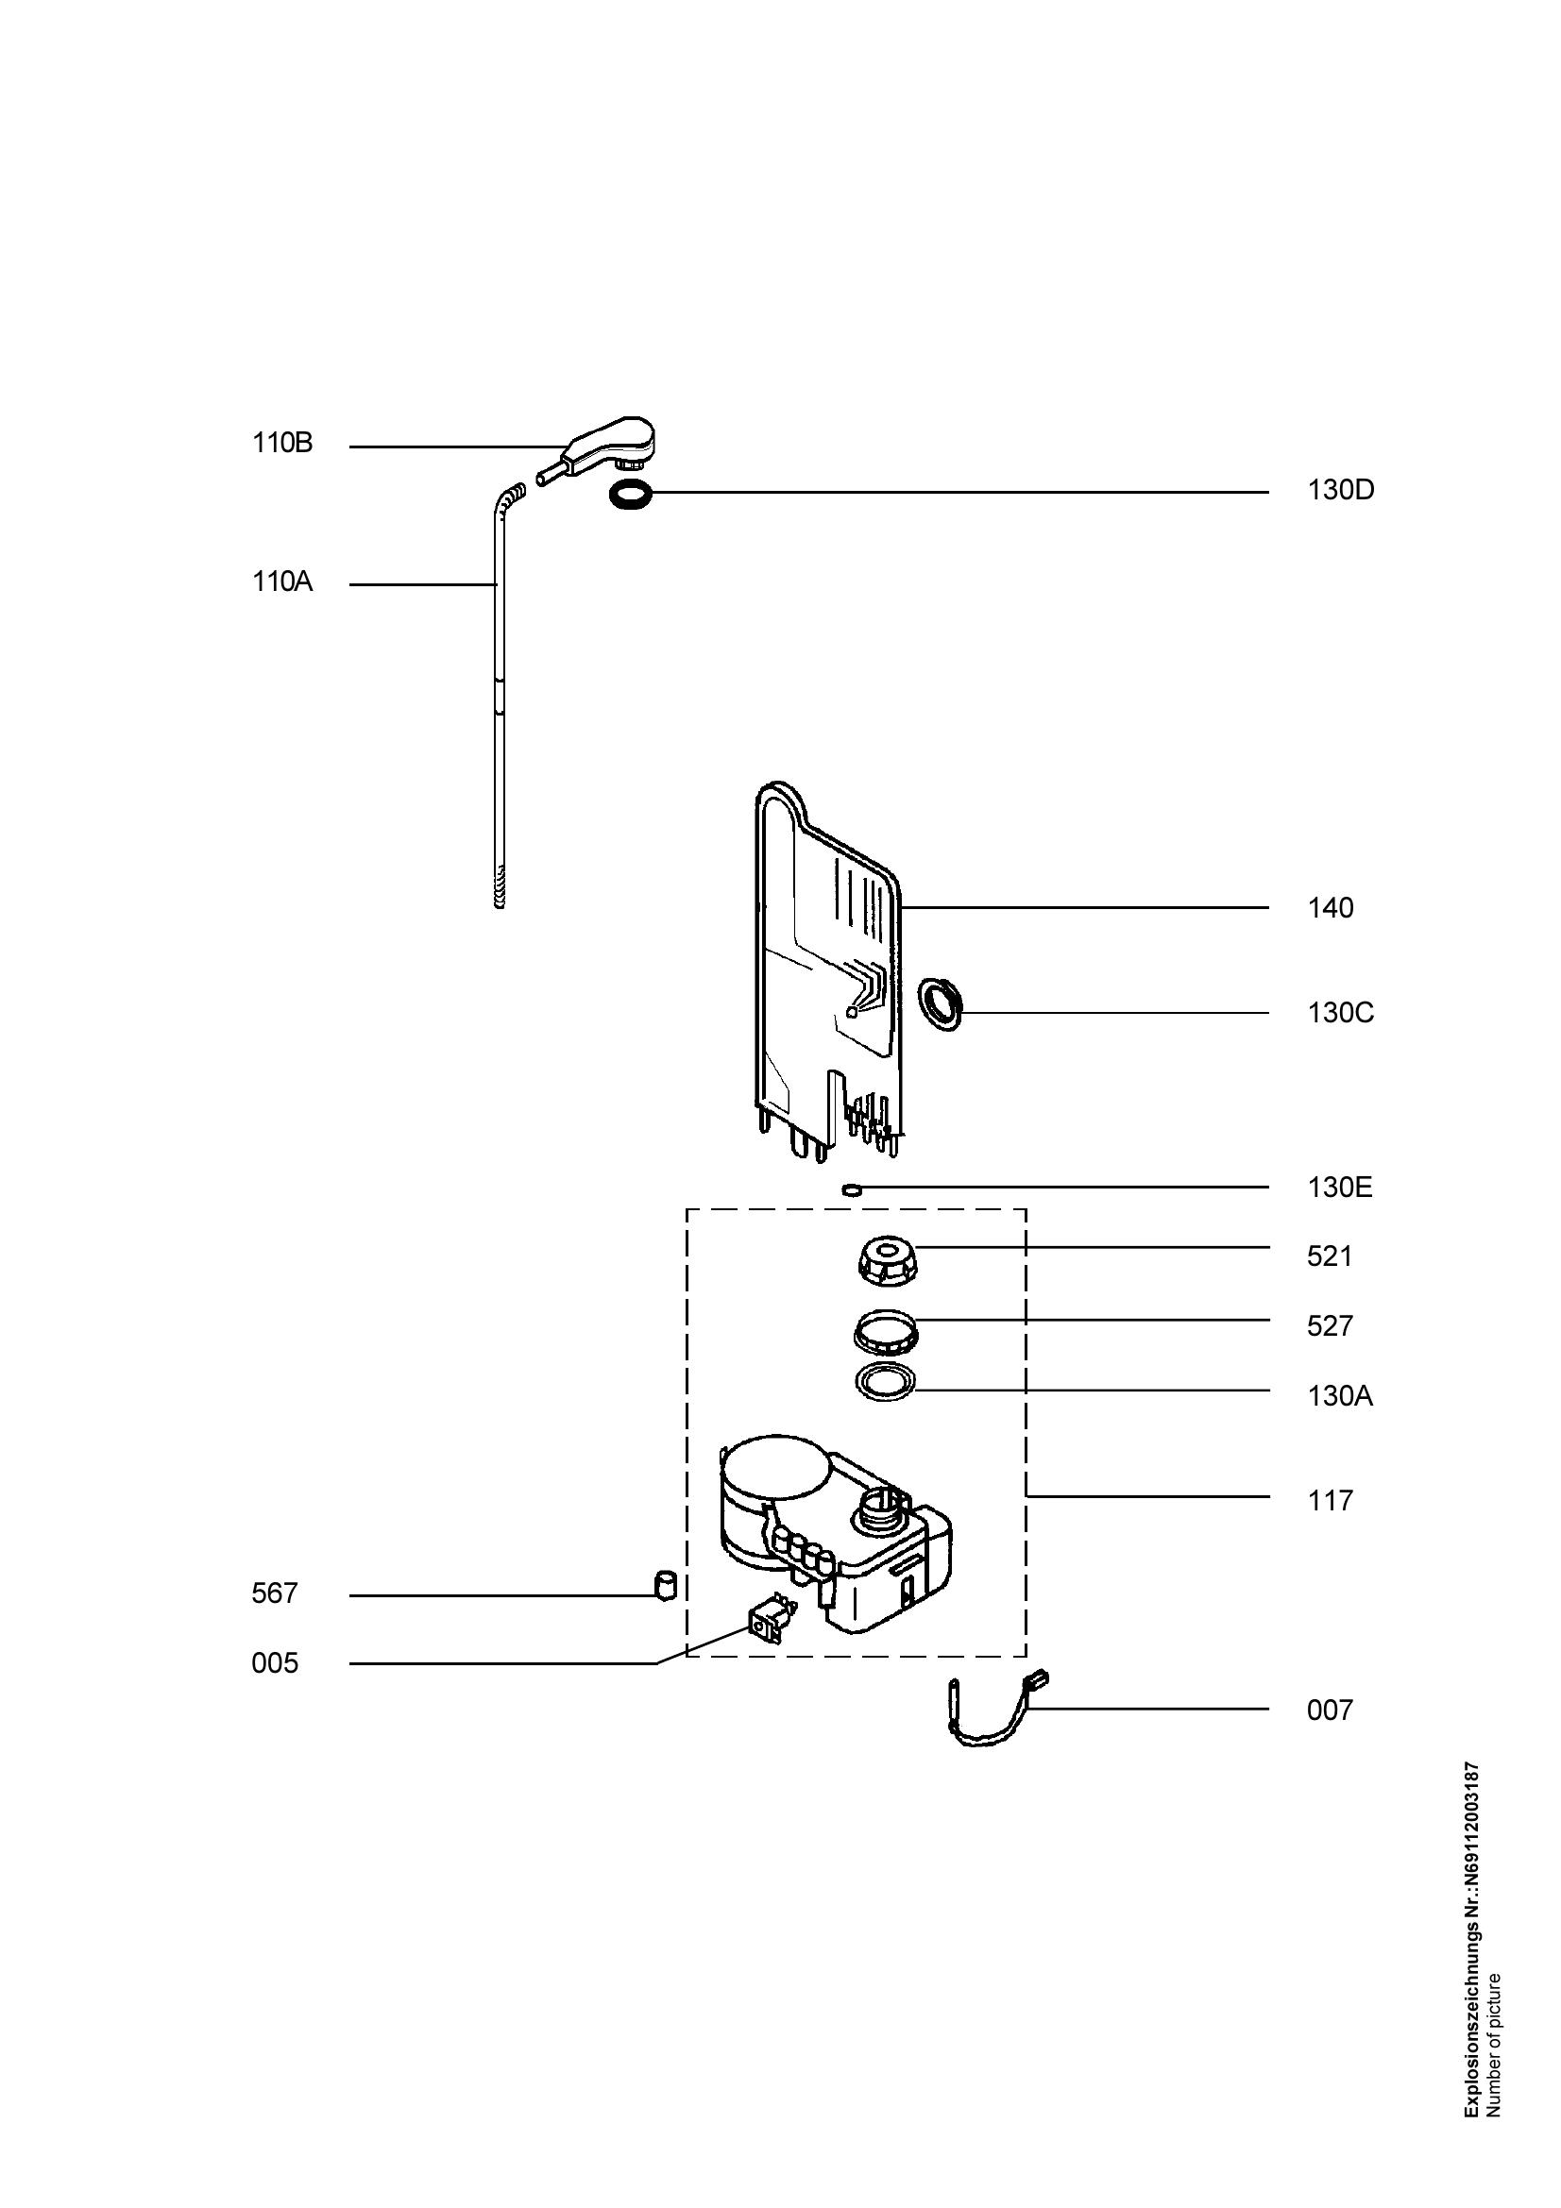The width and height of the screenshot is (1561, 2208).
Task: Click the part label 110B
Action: click(x=281, y=445)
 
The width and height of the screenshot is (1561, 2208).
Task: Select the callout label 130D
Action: click(x=1340, y=491)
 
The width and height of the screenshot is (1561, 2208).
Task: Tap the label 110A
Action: click(x=281, y=582)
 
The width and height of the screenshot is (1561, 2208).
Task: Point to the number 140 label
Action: click(x=1330, y=909)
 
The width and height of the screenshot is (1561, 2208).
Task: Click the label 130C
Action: click(x=1340, y=1014)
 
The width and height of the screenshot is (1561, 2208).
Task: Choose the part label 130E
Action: click(x=1339, y=1188)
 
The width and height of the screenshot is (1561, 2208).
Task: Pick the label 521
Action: click(x=1330, y=1256)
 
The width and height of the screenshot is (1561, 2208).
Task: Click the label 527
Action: click(x=1330, y=1327)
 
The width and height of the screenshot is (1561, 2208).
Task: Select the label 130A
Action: click(x=1339, y=1396)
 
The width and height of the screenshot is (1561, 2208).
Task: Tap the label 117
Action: click(x=1330, y=1501)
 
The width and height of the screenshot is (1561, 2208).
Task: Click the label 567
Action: click(x=274, y=1594)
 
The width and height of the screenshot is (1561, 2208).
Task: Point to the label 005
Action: click(x=274, y=1663)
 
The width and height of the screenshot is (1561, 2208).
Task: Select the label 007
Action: click(x=1330, y=1711)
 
